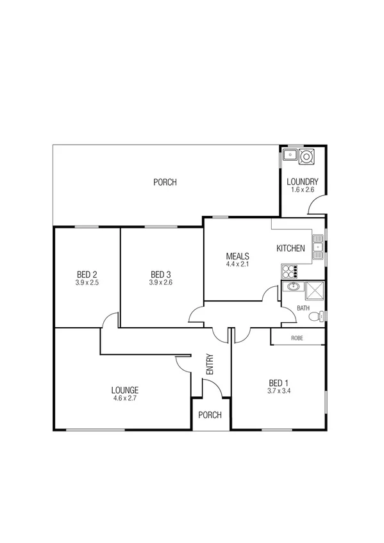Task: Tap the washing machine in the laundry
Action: tap(307, 155)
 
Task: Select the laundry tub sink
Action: tap(290, 154)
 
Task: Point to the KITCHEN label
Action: tap(291, 248)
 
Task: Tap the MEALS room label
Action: tap(237, 256)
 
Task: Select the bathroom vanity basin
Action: tap(292, 287)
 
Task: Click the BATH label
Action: tap(303, 309)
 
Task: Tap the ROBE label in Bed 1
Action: tap(297, 337)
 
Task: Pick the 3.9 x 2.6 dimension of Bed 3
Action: tap(161, 282)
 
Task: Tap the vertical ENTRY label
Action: tap(210, 364)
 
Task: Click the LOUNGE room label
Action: tap(124, 390)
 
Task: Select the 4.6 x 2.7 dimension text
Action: tap(124, 398)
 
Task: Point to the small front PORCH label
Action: tap(210, 415)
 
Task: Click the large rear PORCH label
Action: tap(165, 182)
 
